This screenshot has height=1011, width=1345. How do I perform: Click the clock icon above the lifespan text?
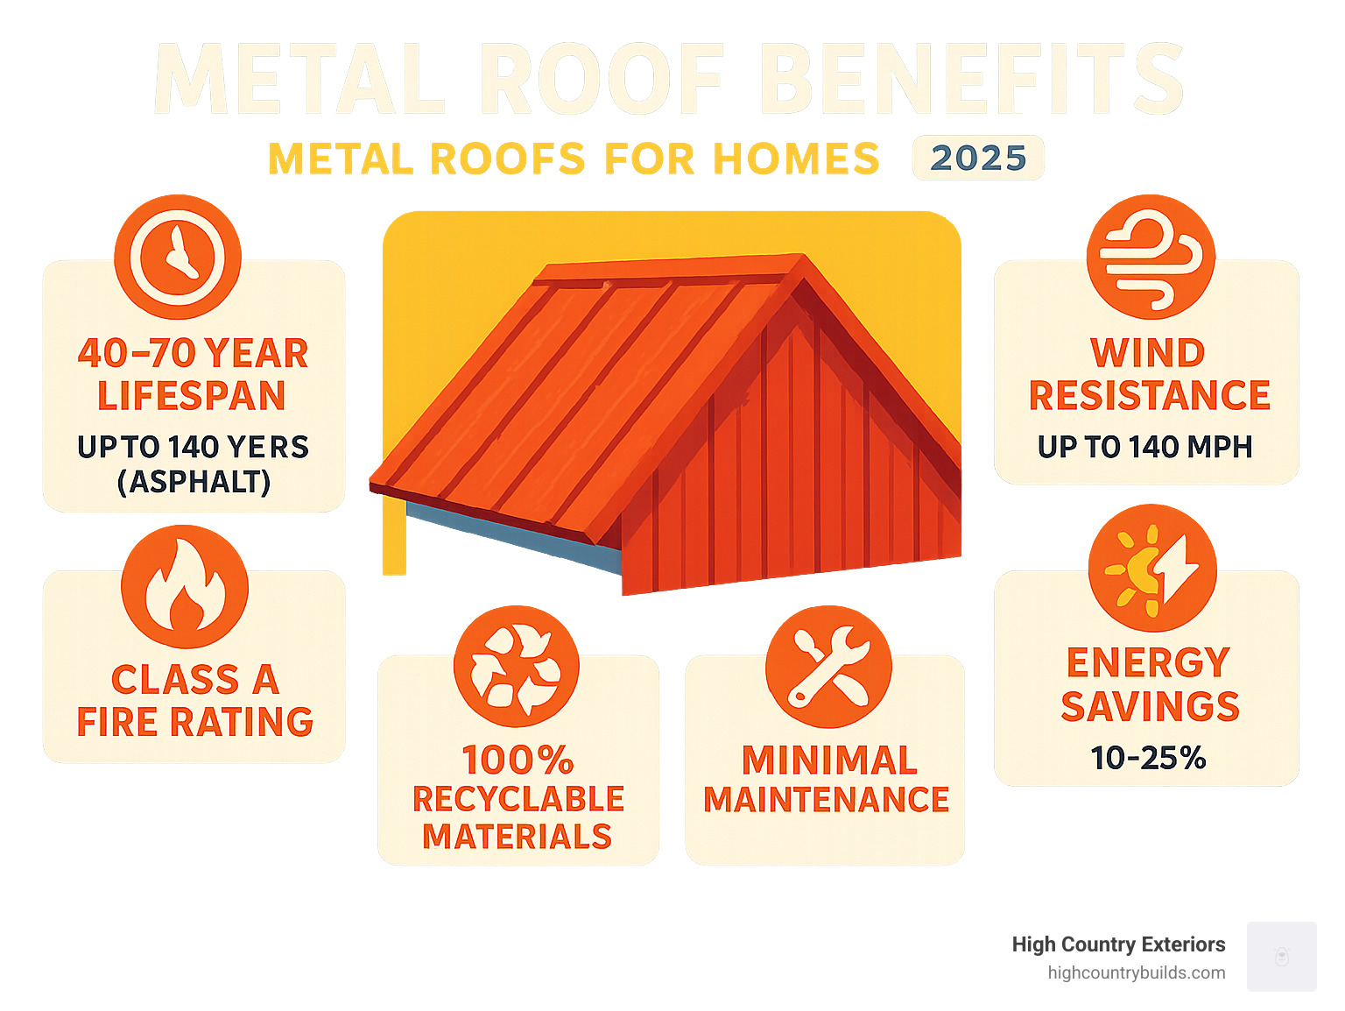point(178,257)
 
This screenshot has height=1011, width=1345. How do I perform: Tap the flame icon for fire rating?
point(185,587)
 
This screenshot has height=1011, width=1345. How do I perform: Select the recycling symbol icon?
point(517,667)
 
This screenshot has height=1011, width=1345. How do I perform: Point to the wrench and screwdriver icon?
point(828,667)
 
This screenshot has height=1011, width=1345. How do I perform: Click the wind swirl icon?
point(1151,257)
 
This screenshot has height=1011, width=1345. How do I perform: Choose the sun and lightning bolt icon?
point(1152,568)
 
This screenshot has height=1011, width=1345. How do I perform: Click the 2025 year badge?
point(978,158)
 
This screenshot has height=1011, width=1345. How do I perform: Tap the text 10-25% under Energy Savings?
point(1148,758)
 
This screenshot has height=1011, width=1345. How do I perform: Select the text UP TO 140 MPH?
point(1144,447)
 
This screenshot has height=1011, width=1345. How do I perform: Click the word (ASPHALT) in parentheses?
point(194,482)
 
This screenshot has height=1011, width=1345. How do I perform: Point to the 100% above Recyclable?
point(518,760)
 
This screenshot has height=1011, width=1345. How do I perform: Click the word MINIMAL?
point(829,760)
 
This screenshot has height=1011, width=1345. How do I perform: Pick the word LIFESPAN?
point(192,396)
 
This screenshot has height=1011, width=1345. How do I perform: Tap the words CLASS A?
point(194,680)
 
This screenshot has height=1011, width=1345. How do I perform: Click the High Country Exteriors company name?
point(1118,944)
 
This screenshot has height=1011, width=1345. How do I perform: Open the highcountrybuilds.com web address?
point(1136,972)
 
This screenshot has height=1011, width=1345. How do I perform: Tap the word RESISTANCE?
point(1149,396)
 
